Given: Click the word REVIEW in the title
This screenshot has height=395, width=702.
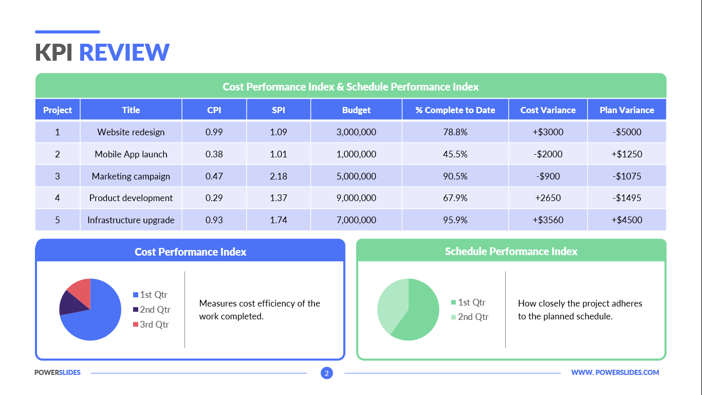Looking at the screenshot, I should [x=124, y=52].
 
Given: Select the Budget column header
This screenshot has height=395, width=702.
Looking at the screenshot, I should [x=356, y=110].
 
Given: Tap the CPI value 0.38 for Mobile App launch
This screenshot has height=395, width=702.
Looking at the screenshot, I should [x=214, y=154].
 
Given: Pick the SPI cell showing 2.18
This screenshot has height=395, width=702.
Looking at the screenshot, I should [x=279, y=176].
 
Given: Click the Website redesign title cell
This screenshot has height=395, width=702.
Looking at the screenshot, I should [x=131, y=132].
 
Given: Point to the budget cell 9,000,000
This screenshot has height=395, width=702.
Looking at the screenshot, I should [x=356, y=198].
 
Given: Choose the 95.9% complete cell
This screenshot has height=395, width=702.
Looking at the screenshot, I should [x=455, y=220].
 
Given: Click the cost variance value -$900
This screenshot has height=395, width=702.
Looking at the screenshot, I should [x=548, y=176].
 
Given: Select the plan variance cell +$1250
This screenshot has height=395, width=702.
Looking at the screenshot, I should [x=626, y=154].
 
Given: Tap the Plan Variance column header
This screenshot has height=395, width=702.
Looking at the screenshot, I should [x=626, y=110].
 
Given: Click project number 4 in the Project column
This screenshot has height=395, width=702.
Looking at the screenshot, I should [x=58, y=198].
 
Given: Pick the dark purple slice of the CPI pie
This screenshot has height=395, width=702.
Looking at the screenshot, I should [x=69, y=303].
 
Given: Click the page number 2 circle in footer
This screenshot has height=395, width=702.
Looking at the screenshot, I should [x=327, y=373].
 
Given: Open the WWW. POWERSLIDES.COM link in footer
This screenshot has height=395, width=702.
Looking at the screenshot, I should [x=615, y=372].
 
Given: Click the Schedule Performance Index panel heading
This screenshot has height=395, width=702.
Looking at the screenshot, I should [x=511, y=252].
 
